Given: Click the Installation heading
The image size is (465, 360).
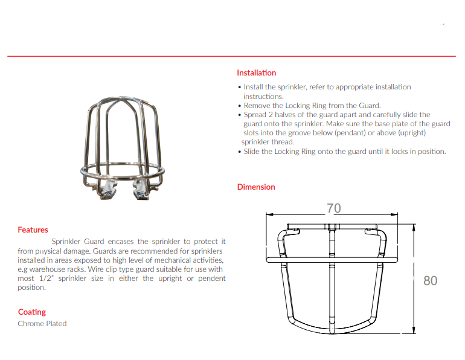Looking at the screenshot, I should pos(256,73).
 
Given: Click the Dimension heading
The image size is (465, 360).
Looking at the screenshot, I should pos(255,187).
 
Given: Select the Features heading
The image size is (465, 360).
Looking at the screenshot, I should pos(33,230).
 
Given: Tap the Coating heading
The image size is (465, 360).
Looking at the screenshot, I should pos(31,312).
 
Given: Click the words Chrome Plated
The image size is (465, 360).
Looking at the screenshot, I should pos(42,324).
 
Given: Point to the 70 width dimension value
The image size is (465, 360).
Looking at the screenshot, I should pos(333,208).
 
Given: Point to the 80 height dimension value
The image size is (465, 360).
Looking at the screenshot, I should pos(430,281).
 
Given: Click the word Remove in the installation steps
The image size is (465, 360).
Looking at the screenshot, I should pos(255,106).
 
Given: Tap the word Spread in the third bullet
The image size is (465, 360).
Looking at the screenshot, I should pos(255,115).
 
